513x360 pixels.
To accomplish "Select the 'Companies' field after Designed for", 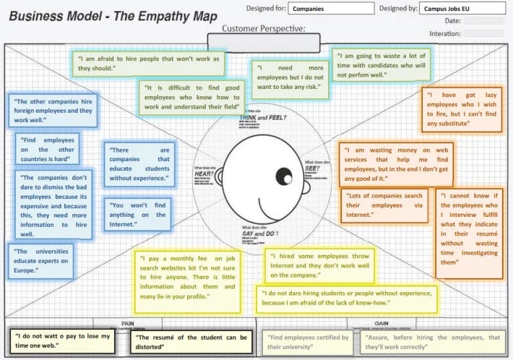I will [x=332, y=10].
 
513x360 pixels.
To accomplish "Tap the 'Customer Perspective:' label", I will [x=263, y=29].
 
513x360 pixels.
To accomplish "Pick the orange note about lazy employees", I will [x=460, y=109].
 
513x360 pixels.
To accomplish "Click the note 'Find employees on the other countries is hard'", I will [x=47, y=148].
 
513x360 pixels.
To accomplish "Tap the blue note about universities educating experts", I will [x=41, y=260].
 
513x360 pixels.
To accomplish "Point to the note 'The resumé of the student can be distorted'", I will [x=191, y=341].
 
